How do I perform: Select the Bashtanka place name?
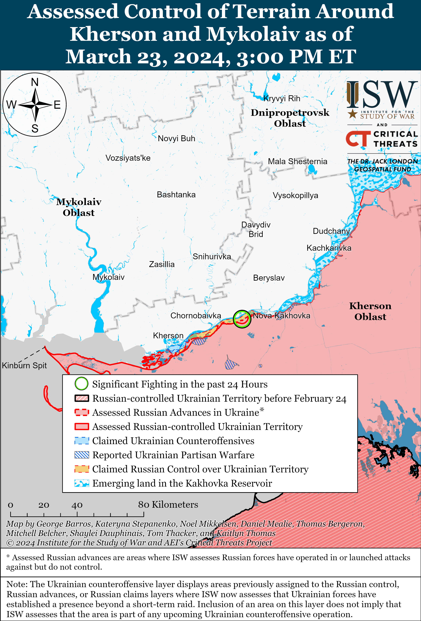click(x=176, y=195)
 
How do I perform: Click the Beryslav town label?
click(x=269, y=278)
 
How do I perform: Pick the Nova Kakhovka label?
click(x=281, y=316)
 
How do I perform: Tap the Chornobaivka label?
click(x=195, y=316)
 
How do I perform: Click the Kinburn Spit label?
click(x=24, y=365)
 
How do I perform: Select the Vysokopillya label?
click(x=295, y=195)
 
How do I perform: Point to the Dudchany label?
click(x=331, y=231)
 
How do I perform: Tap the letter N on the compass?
click(x=35, y=82)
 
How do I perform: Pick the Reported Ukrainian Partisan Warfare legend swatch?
click(x=81, y=455)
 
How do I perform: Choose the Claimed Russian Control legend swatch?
click(x=81, y=469)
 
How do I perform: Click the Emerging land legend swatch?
click(x=81, y=483)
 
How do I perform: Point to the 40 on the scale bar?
click(x=77, y=505)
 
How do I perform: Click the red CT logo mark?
click(x=358, y=139)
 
